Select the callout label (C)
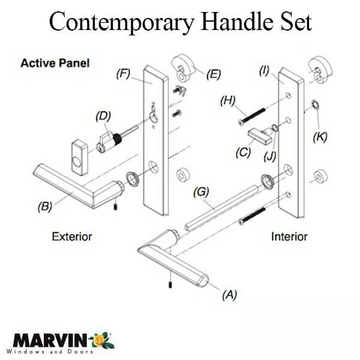point(243,153)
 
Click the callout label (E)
point(212,75)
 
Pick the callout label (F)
point(124,75)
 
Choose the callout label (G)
point(202,192)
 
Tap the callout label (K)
point(321,136)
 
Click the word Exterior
point(71,236)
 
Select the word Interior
point(289,236)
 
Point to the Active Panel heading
point(55,62)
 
